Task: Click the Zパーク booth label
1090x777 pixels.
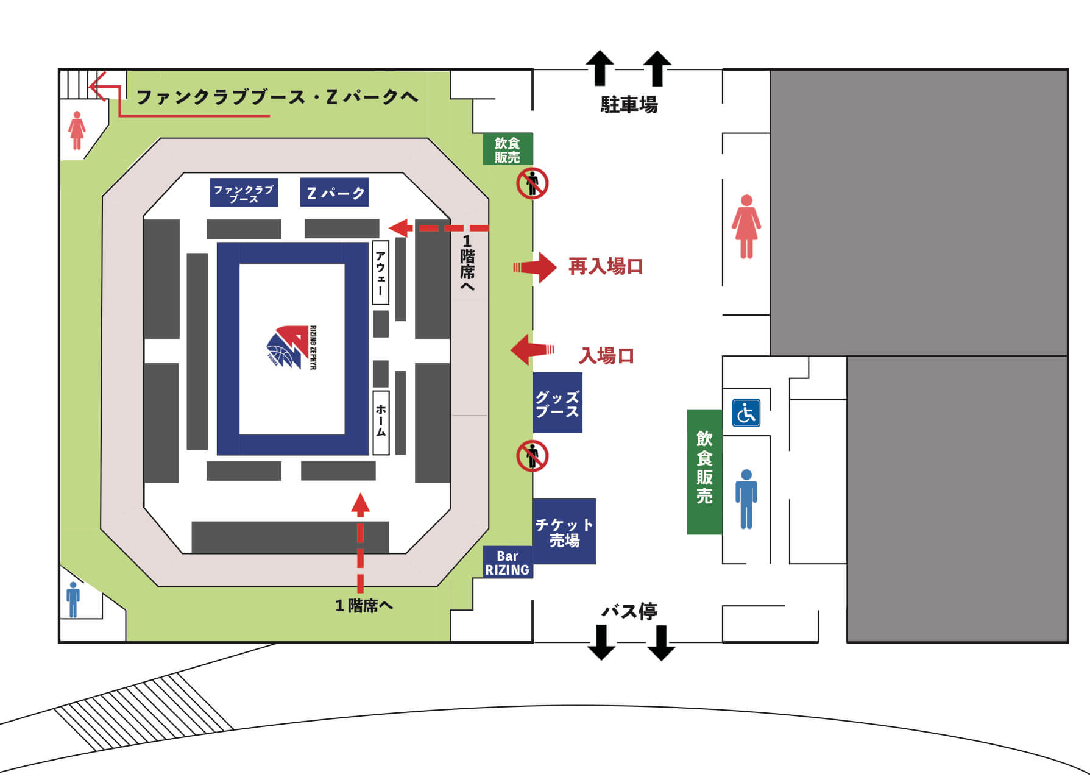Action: point(334,193)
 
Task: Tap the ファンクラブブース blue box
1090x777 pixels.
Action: point(244,193)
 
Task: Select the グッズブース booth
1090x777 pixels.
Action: point(557,403)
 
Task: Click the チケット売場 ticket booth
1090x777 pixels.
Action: point(564,531)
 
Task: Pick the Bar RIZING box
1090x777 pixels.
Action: point(508,562)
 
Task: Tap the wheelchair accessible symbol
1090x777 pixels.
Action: point(746,413)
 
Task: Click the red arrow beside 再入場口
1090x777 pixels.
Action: point(535,267)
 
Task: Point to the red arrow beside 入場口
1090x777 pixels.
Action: point(533,350)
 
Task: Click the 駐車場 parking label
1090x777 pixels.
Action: point(629,105)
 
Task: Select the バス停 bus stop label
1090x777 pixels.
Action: point(629,611)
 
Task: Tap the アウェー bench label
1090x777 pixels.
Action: point(381,272)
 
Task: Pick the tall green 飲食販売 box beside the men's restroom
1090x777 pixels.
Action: point(705,472)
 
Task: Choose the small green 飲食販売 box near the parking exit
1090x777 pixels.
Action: point(508,149)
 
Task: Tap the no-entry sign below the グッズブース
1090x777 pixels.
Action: point(533,456)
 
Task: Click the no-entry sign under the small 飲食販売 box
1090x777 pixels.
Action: point(533,183)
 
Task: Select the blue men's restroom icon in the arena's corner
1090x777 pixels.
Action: point(73,600)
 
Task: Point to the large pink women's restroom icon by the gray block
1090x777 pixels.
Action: point(746,227)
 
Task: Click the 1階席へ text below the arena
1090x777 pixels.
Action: point(364,605)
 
